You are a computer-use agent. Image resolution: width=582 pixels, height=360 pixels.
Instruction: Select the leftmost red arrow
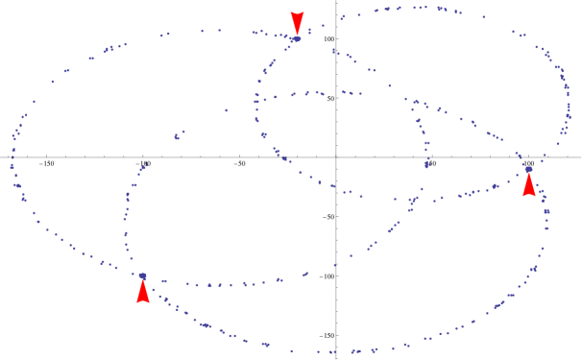point(143,290)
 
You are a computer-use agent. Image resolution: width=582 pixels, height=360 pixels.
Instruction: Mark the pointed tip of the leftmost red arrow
point(143,276)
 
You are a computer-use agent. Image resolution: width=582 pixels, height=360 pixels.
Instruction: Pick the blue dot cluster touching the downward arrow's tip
point(296,39)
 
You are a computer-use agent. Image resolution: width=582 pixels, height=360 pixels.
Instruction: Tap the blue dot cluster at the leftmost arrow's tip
point(142,276)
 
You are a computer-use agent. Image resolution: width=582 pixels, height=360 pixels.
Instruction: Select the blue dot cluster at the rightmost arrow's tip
point(528,169)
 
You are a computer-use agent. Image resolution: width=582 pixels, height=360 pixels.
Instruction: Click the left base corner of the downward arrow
point(290,12)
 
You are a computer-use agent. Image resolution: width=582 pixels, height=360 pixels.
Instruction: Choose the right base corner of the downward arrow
point(303,12)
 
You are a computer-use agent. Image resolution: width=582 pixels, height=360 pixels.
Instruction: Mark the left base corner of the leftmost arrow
point(136,302)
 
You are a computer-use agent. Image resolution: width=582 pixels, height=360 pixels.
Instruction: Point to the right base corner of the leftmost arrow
point(150,302)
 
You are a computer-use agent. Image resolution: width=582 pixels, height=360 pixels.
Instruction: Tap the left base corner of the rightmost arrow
point(521,196)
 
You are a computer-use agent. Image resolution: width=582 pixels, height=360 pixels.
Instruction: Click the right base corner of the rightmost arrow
point(535,196)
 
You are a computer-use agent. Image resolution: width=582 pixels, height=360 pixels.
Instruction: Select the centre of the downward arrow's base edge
point(297,12)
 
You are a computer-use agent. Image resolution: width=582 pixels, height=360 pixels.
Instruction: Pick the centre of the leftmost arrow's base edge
point(143,302)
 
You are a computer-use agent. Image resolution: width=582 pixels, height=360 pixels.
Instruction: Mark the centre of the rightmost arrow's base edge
point(528,196)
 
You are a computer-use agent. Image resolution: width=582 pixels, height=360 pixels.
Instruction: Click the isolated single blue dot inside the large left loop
point(227,110)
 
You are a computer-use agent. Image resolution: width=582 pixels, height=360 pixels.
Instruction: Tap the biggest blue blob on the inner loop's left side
point(263,135)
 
